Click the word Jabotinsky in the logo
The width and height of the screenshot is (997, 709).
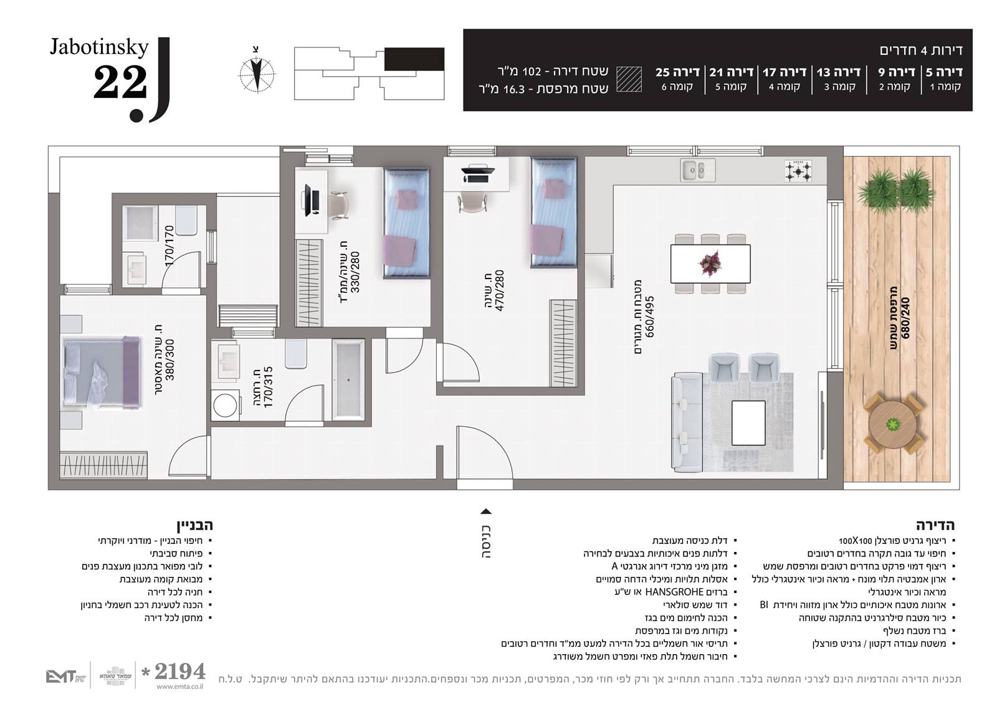point(99,48)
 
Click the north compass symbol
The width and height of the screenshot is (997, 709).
point(257,73)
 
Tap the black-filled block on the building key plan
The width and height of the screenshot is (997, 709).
point(414,59)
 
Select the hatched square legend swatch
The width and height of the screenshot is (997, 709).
point(629,79)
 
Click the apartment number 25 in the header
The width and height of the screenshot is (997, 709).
point(663,72)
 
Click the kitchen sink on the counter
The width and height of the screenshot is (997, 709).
point(697,170)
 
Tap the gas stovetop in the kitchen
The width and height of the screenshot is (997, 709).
point(798,171)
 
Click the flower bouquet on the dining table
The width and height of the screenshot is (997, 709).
point(710,263)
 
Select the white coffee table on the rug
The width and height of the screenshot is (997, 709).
point(748,423)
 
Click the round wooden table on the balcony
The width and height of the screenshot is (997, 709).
point(892,424)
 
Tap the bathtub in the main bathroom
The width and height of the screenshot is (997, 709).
point(348,379)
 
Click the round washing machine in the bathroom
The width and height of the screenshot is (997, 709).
point(225,406)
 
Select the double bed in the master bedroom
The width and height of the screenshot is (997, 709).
point(102,372)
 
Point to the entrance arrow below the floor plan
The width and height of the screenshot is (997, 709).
point(486,511)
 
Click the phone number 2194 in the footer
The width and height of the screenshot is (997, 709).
point(180,672)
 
